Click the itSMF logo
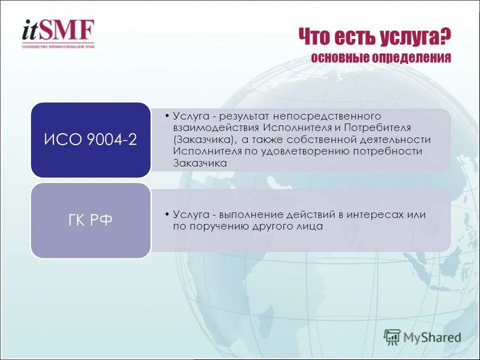coord(57,30)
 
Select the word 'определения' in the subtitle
coord(411,58)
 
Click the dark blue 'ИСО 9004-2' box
coord(90,140)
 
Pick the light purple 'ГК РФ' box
coord(90,220)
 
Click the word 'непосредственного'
coord(328,116)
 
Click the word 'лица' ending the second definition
coord(311,226)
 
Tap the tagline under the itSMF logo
coord(57,46)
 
